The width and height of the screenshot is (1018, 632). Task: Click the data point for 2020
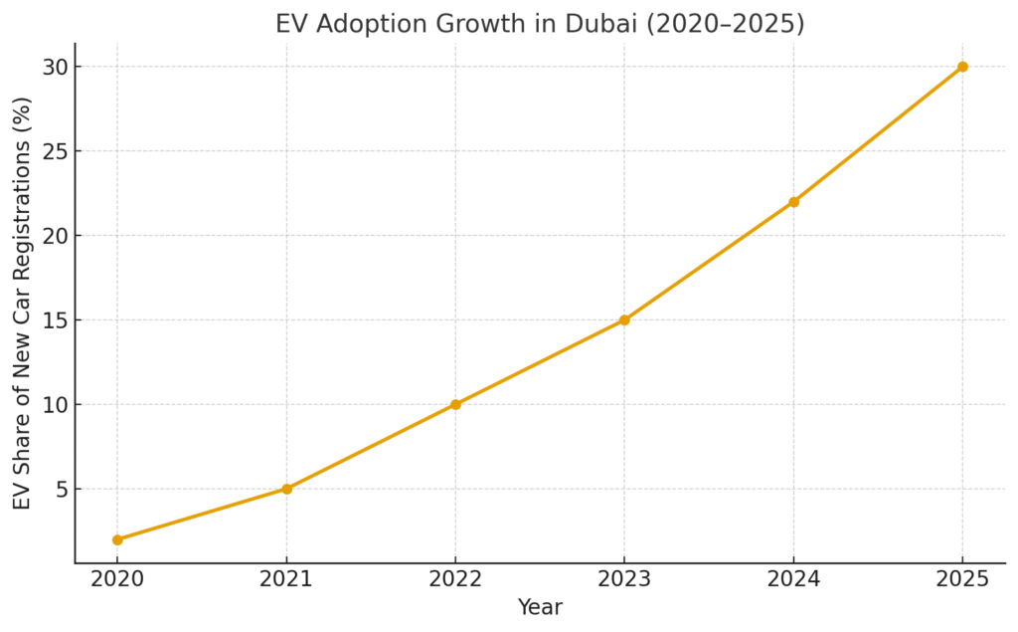pyautogui.click(x=117, y=539)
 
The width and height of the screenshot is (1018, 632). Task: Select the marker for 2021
pyautogui.click(x=286, y=489)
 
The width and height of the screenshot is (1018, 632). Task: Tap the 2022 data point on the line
pyautogui.click(x=455, y=404)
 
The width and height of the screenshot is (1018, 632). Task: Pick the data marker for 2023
pyautogui.click(x=624, y=319)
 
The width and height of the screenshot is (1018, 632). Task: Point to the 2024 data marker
pyautogui.click(x=793, y=202)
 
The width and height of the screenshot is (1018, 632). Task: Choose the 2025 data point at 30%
pyautogui.click(x=962, y=67)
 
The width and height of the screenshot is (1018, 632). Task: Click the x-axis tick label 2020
pyautogui.click(x=117, y=580)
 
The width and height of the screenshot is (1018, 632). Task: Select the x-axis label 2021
pyautogui.click(x=286, y=580)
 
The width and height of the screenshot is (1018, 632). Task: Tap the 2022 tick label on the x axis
pyautogui.click(x=455, y=580)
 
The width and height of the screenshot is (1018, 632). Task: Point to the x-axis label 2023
pyautogui.click(x=624, y=580)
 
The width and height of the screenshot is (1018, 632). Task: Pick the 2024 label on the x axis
pyautogui.click(x=793, y=580)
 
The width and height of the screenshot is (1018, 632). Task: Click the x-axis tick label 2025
pyautogui.click(x=962, y=580)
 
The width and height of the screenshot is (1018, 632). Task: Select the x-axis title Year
pyautogui.click(x=540, y=607)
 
